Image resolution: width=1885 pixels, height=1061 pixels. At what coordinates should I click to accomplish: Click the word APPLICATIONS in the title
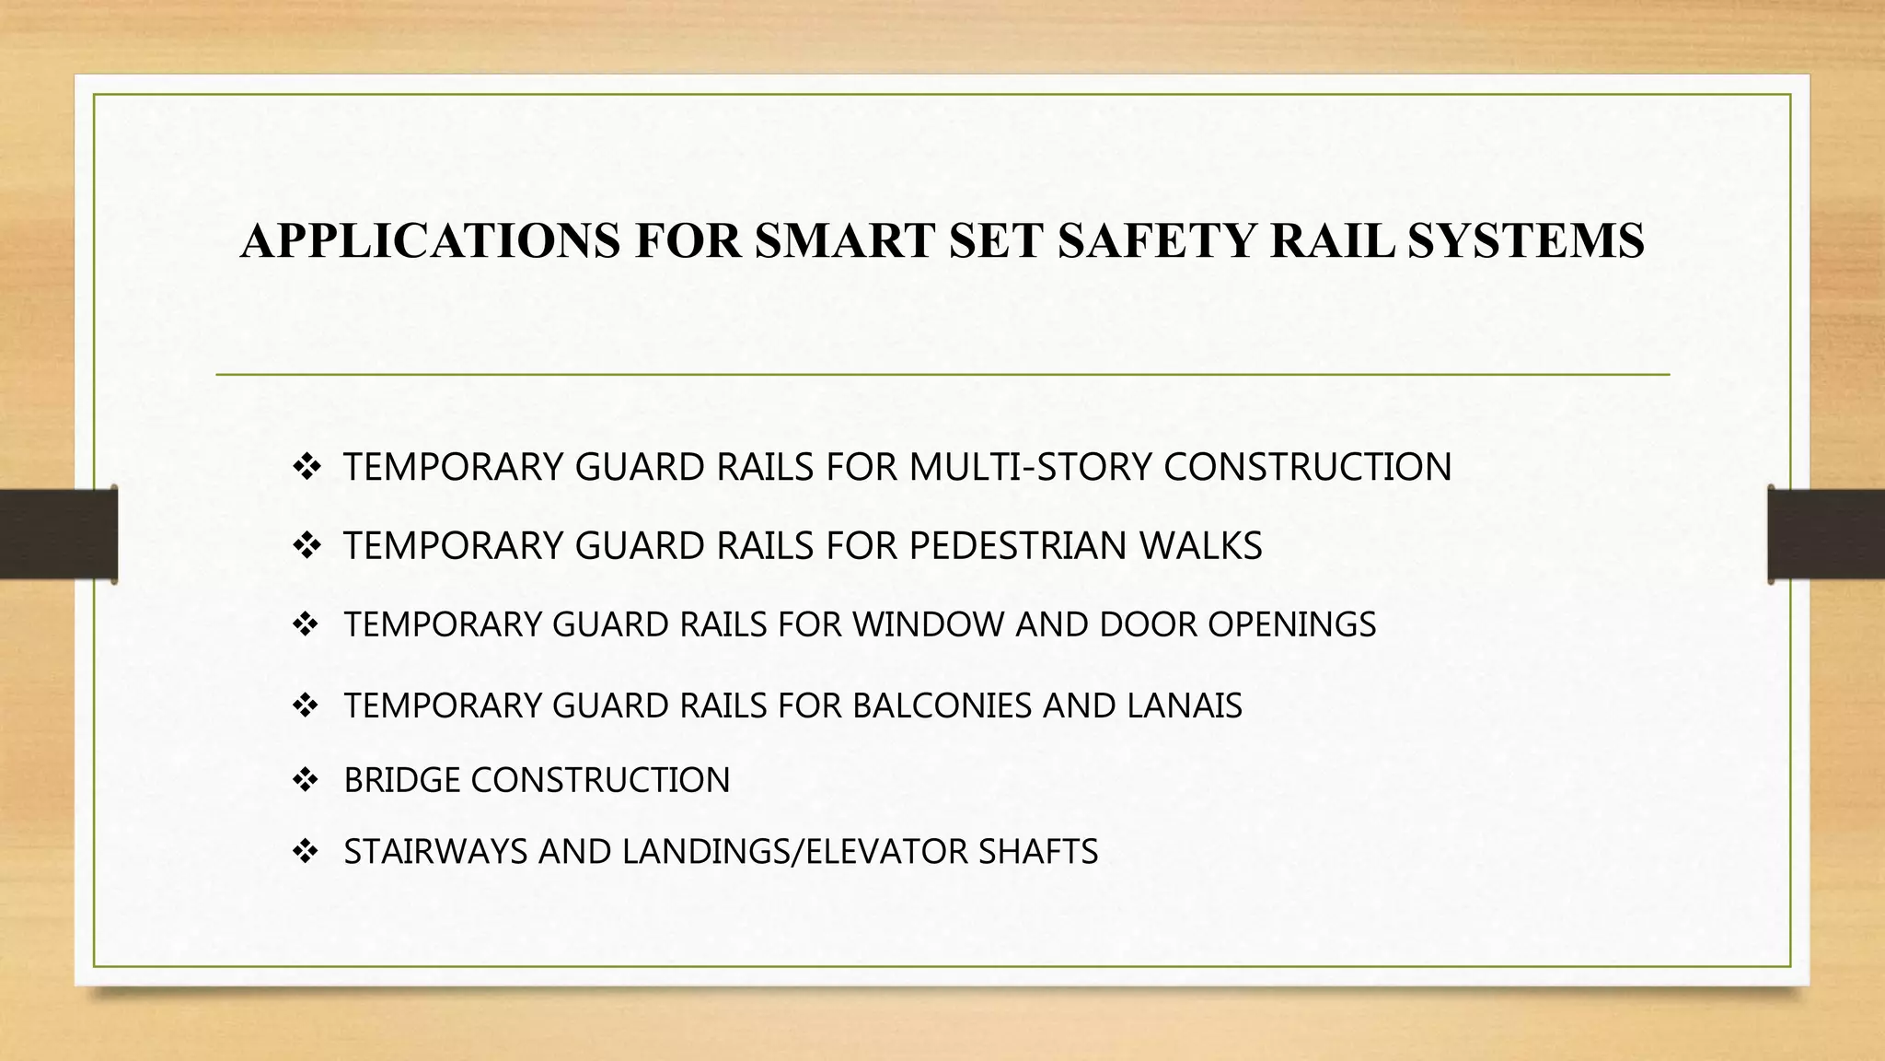coord(430,241)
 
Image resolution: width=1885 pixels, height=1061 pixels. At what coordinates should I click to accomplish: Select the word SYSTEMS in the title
coord(1525,241)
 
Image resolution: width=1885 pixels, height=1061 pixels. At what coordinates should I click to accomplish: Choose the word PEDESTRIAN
coord(1017,546)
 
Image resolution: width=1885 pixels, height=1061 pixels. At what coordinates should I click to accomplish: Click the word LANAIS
coord(1184,706)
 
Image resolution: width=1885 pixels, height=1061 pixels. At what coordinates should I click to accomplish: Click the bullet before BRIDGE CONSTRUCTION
coord(305,781)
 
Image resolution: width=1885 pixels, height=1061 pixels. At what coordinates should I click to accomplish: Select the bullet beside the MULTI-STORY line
coord(305,467)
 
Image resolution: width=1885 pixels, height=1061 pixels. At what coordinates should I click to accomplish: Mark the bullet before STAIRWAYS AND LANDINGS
coord(305,852)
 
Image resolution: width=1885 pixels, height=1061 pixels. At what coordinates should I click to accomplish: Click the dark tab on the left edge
coord(58,534)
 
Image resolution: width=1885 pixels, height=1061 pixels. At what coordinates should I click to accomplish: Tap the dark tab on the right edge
coord(1826,534)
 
